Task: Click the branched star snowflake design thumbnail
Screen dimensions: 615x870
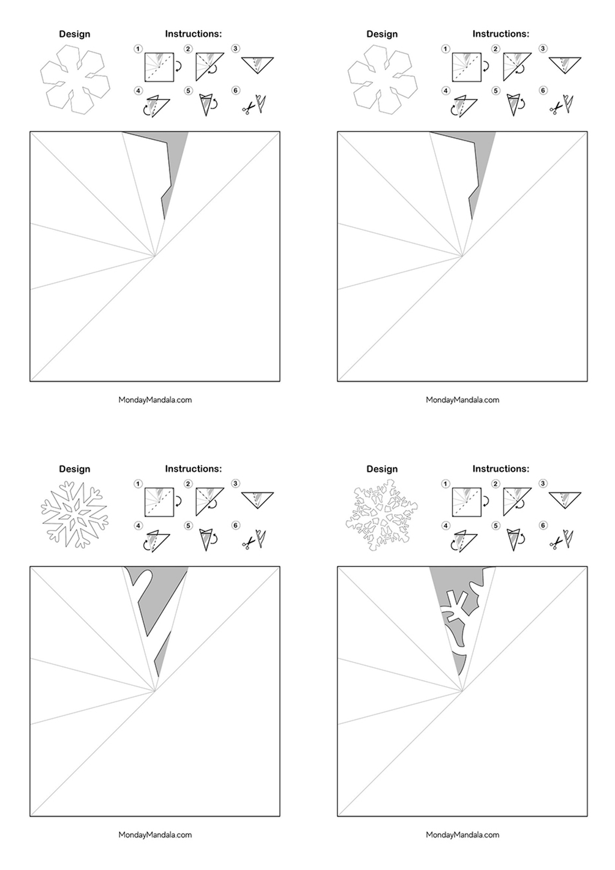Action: coord(75,514)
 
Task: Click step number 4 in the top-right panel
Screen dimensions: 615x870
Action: coord(445,91)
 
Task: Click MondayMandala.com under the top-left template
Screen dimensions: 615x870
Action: coord(155,400)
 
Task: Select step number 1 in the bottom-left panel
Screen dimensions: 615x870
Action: coord(138,484)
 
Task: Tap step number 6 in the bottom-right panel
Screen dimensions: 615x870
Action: coord(543,526)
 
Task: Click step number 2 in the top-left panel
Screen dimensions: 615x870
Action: coord(188,49)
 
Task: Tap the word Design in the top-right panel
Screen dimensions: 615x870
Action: coord(382,34)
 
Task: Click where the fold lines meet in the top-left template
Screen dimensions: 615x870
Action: coord(155,256)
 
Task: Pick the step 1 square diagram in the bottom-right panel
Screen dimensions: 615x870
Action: coord(466,502)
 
